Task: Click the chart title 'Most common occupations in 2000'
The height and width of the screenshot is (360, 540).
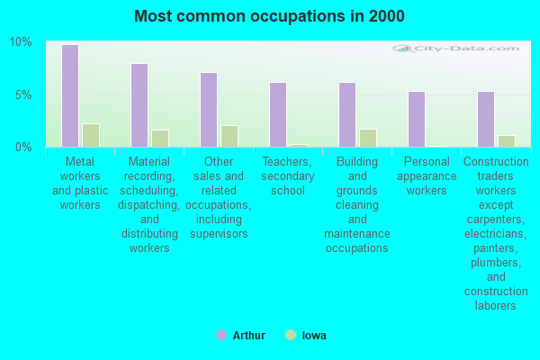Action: tap(269, 16)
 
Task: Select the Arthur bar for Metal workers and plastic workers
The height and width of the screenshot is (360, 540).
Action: tap(69, 95)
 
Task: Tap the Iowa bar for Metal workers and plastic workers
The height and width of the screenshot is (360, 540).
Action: tap(91, 135)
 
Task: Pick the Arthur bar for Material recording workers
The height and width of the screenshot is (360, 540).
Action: tap(139, 105)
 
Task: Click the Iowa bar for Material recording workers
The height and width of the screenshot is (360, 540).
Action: tap(160, 138)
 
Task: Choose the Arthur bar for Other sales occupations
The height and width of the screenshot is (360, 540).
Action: tap(209, 110)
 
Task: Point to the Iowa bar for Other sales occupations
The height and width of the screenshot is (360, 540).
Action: tap(229, 136)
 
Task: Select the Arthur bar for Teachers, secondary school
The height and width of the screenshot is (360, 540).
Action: tap(278, 114)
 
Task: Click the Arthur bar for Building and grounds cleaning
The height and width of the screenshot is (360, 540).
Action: tap(347, 114)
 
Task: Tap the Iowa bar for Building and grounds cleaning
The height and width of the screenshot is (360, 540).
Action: tap(368, 138)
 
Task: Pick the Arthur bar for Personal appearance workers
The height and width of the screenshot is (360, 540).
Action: tap(416, 119)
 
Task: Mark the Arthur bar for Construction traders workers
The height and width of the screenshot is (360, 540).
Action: tap(486, 119)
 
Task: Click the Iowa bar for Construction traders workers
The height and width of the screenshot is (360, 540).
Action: tap(507, 140)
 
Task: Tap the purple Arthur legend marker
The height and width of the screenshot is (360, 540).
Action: tap(221, 335)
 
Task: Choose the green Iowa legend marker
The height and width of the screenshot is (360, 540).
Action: tap(290, 335)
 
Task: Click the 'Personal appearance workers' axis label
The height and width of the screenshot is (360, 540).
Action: tap(426, 175)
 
